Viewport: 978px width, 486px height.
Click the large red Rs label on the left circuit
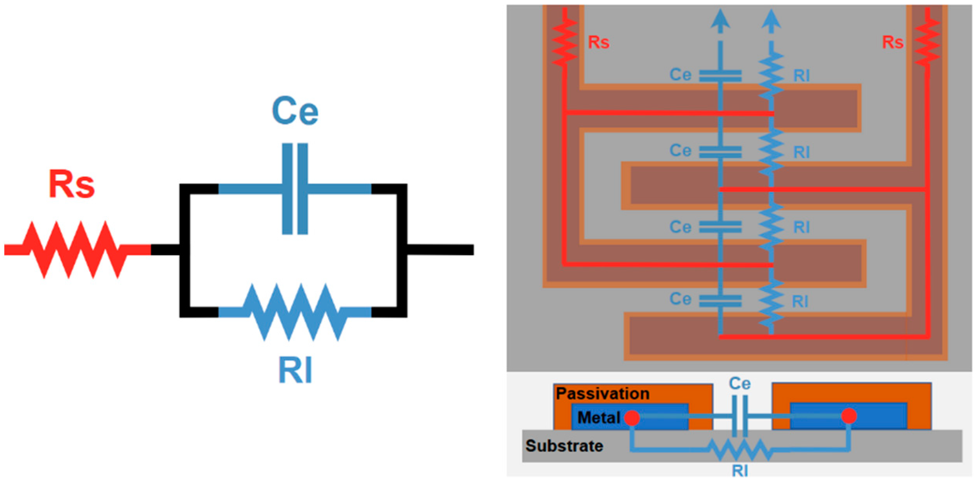[x=72, y=184]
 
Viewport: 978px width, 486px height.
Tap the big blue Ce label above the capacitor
[x=295, y=111]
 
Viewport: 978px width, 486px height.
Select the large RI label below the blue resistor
[x=295, y=370]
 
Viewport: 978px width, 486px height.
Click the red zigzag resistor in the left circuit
[x=74, y=250]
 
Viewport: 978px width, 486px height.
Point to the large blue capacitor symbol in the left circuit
[x=295, y=189]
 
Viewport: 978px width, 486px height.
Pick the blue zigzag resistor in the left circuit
[x=295, y=312]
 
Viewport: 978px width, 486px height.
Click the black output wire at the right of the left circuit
[x=440, y=250]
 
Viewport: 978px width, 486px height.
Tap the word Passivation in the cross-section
[x=603, y=394]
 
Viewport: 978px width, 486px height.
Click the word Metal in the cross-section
[x=599, y=418]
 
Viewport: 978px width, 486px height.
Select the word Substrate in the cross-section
[x=564, y=446]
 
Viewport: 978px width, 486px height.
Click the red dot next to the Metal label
[x=632, y=418]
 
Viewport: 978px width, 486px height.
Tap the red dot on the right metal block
[x=849, y=416]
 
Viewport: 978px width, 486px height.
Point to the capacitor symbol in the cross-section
[x=740, y=416]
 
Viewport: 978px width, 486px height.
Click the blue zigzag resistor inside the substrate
[x=739, y=450]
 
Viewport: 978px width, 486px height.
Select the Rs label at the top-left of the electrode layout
[x=598, y=42]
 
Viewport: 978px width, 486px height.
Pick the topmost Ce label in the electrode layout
[x=680, y=75]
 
